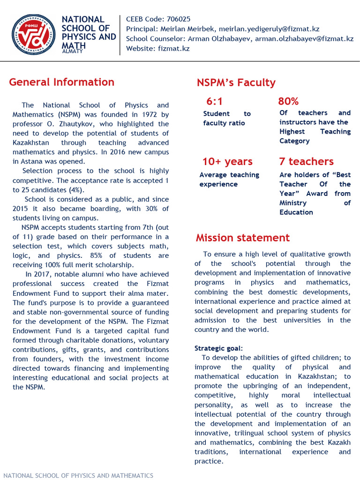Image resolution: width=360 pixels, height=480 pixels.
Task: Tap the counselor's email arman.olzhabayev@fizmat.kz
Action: pyautogui.click(x=304, y=38)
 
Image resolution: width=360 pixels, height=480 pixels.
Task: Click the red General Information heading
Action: pyautogui.click(x=61, y=82)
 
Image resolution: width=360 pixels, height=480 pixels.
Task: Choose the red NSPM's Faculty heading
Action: pyautogui.click(x=236, y=83)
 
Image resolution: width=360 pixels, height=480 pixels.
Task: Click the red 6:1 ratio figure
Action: pyautogui.click(x=215, y=102)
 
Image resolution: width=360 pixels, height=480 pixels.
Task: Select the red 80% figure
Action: pyautogui.click(x=288, y=101)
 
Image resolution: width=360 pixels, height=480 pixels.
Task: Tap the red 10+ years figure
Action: pyautogui.click(x=227, y=162)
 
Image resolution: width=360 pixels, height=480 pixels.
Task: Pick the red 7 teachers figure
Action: pyautogui.click(x=306, y=162)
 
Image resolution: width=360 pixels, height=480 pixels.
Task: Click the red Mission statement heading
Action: pyautogui.click(x=243, y=238)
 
